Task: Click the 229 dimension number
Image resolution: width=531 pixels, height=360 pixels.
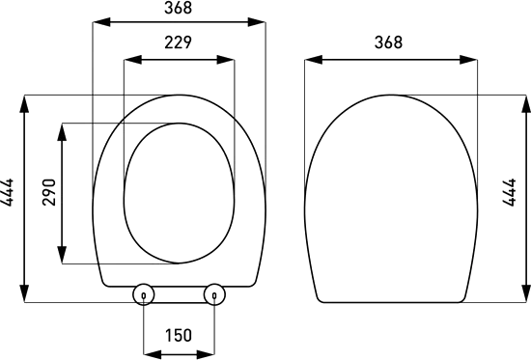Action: tap(179, 42)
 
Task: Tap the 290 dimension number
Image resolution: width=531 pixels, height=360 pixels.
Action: tap(49, 192)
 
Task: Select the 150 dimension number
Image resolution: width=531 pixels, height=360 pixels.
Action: tap(179, 335)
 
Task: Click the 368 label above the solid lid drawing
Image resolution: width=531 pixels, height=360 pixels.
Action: tap(388, 42)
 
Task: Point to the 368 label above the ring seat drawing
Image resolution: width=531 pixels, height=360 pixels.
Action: tap(179, 8)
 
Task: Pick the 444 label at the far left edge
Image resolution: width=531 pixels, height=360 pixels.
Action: tap(7, 192)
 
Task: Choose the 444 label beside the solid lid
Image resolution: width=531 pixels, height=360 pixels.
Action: tap(509, 192)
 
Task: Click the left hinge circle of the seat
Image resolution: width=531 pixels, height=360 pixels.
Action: tap(144, 294)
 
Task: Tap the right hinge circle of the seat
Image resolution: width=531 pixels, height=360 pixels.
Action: tap(214, 294)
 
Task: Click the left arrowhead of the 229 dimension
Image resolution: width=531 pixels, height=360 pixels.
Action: tap(132, 60)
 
